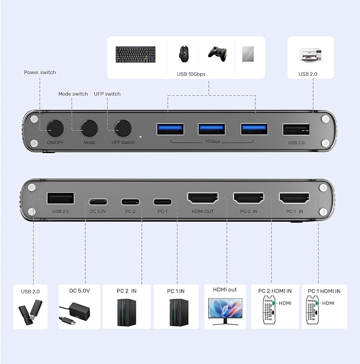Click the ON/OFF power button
pos(55,128)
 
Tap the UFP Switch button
pos(123,128)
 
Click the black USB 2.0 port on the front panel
pos(296,129)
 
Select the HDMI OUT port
pos(203,198)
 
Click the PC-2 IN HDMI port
pos(249,198)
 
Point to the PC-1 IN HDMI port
pos(294,198)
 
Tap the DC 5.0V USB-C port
pos(98,202)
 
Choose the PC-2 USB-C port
pos(130,202)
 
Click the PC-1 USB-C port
pos(163,202)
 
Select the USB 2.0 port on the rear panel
pos(60,198)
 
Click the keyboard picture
pos(136,55)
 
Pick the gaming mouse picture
pos(184,54)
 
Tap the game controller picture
pos(217,54)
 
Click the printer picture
pos(311,55)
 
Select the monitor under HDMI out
pos(225,312)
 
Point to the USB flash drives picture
pos(30,312)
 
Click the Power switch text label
pos(40,73)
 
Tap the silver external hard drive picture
pos(248,54)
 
